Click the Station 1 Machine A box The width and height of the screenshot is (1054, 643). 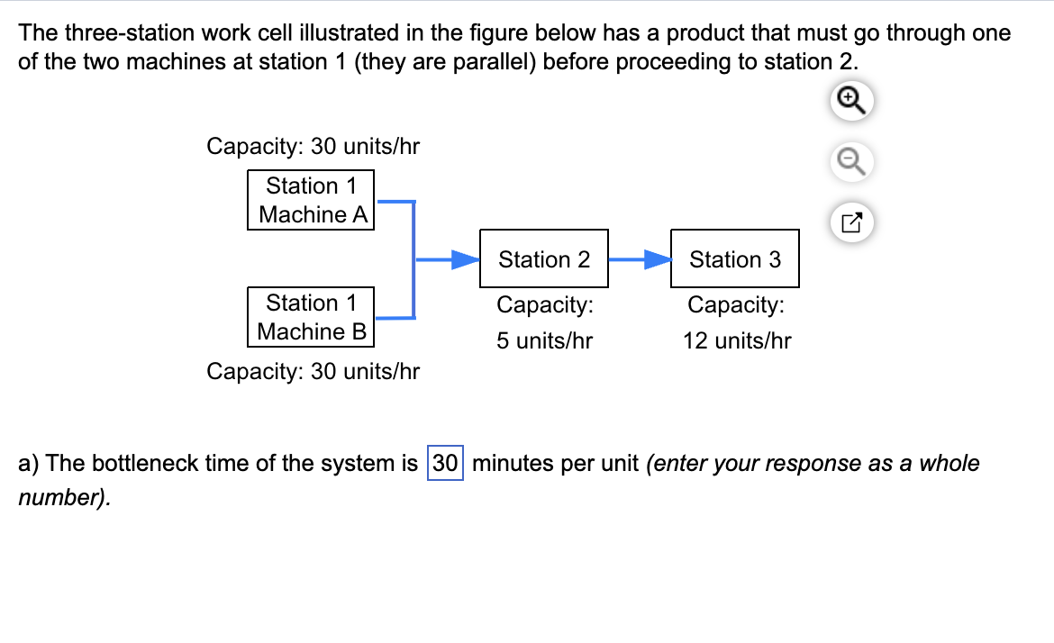pyautogui.click(x=311, y=200)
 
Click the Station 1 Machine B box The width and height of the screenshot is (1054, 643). pyautogui.click(x=311, y=317)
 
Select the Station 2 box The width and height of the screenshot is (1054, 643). pyautogui.click(x=544, y=259)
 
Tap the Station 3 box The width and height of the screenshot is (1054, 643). pyautogui.click(x=734, y=259)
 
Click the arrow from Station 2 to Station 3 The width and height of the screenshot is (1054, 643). pyautogui.click(x=640, y=260)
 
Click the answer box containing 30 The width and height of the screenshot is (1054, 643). pyautogui.click(x=445, y=464)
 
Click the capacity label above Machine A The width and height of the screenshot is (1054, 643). pyautogui.click(x=313, y=146)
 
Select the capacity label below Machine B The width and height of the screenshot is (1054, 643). pyautogui.click(x=313, y=371)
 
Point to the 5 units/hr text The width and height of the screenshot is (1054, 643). pyautogui.click(x=544, y=341)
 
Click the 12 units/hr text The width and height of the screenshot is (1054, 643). pyautogui.click(x=736, y=341)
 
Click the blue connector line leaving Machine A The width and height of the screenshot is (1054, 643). pyautogui.click(x=395, y=203)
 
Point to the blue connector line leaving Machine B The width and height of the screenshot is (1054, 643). pyautogui.click(x=395, y=317)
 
